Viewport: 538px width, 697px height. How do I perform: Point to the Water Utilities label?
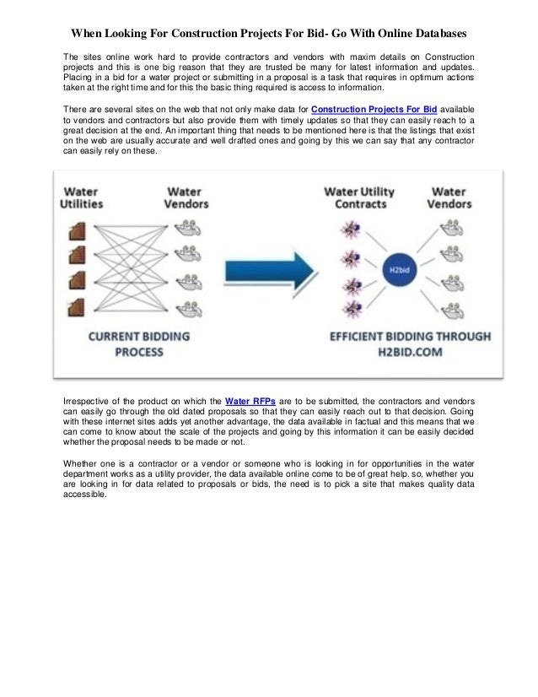82,197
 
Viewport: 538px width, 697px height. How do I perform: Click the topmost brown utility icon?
78,229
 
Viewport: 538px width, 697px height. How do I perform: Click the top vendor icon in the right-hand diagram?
452,227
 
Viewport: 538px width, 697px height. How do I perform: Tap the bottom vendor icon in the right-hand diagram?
452,306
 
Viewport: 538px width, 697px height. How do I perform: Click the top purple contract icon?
346,229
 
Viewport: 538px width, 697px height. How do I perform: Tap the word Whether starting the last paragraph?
82,462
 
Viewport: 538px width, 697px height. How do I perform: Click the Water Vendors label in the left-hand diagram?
184,197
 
